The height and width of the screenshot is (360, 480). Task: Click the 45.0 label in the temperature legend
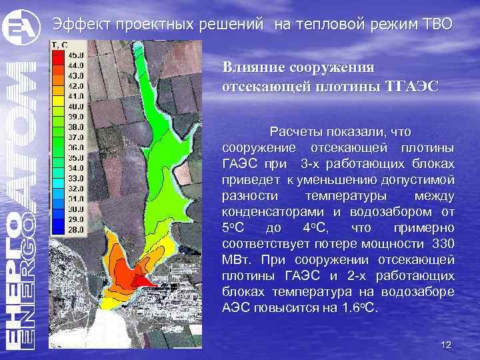click(76, 54)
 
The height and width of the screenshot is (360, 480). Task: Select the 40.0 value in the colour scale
click(76, 106)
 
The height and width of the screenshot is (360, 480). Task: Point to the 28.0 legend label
click(76, 229)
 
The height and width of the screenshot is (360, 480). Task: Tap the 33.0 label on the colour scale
click(76, 178)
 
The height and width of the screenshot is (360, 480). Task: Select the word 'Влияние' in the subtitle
click(251, 67)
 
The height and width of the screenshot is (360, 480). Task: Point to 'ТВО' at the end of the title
click(437, 25)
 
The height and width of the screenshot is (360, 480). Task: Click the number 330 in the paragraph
click(443, 243)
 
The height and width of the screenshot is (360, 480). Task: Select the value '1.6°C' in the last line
click(361, 308)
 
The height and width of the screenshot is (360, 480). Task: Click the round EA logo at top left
click(18, 27)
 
